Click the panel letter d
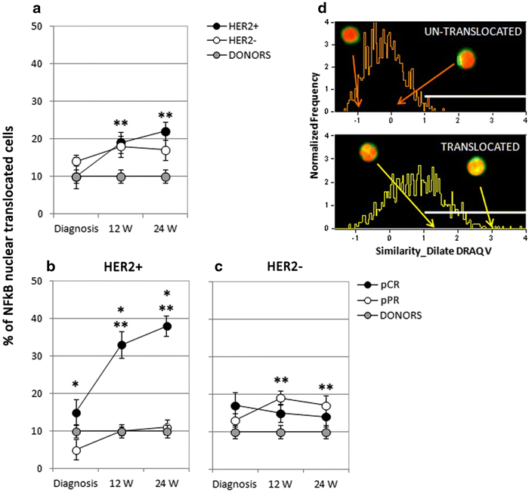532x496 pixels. coord(324,8)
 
